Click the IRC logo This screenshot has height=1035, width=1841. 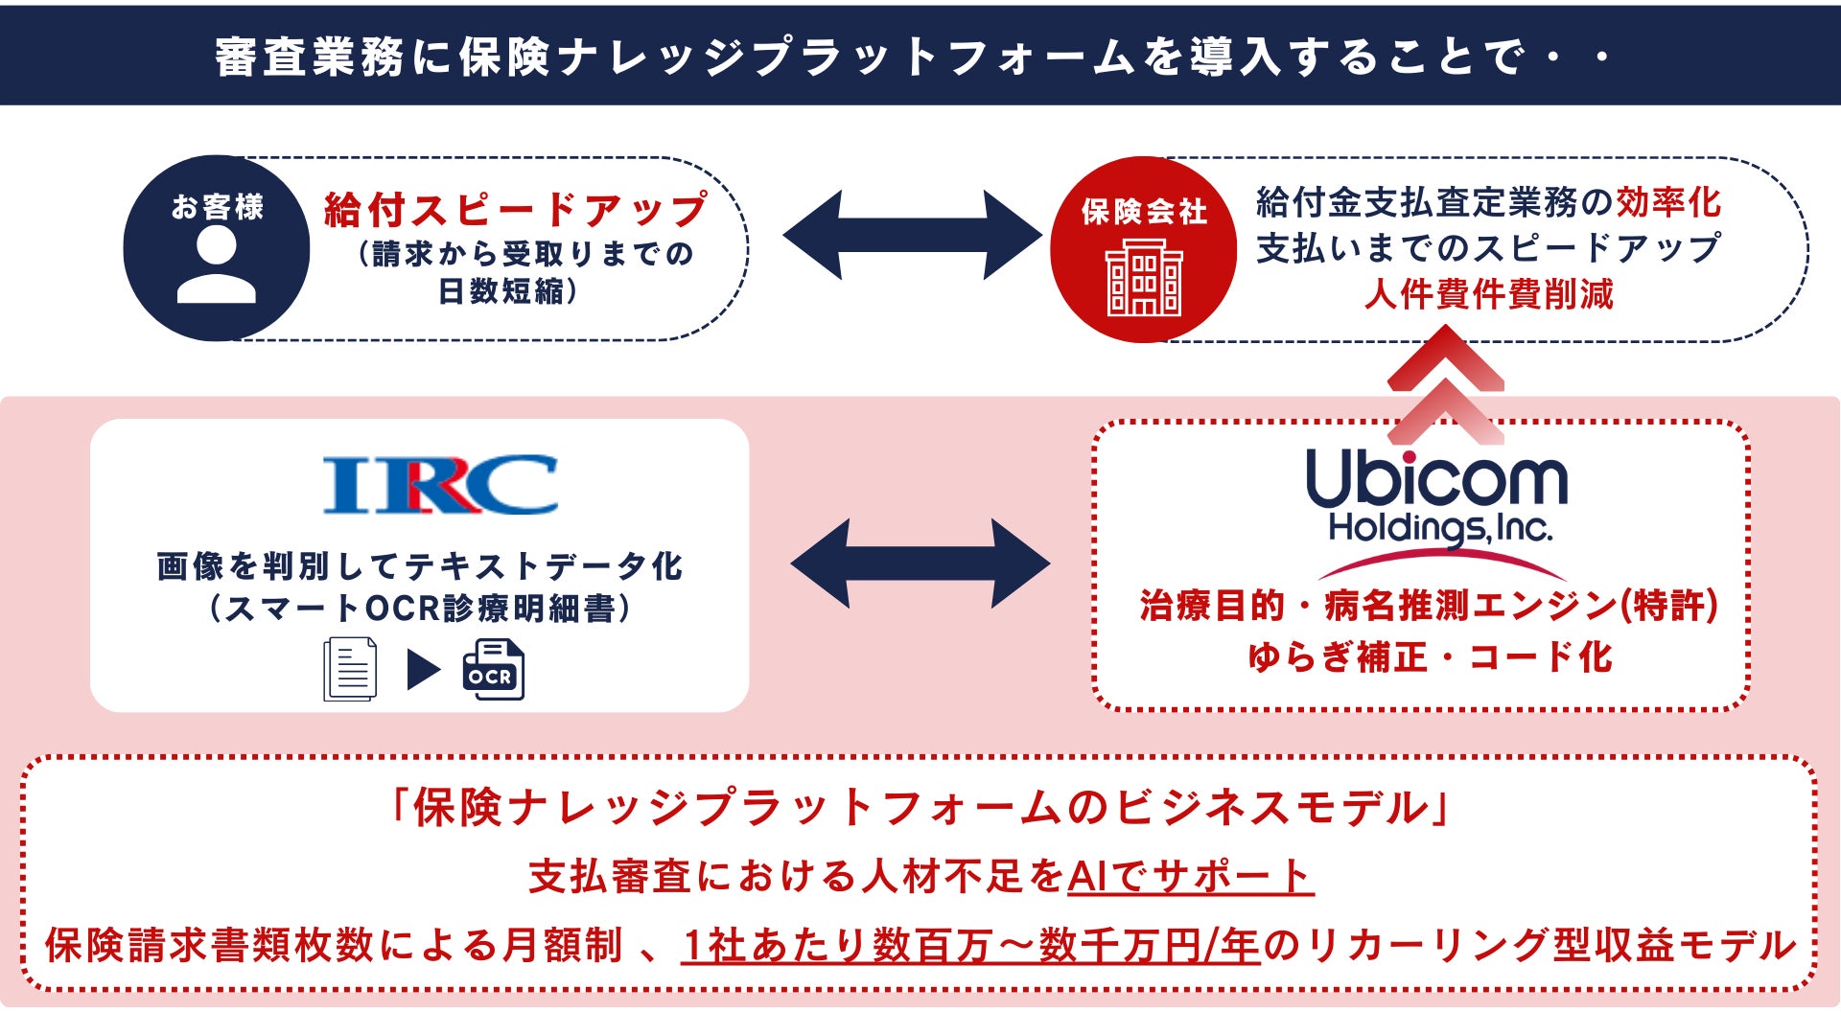tap(440, 485)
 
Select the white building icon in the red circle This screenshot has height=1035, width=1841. tap(1144, 277)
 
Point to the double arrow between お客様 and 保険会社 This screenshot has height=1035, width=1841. tap(912, 235)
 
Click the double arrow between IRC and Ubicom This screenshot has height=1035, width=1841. tap(920, 563)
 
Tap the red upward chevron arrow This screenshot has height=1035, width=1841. tap(1445, 383)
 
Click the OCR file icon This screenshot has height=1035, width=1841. tap(493, 669)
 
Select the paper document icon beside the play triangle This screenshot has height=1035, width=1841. tap(350, 669)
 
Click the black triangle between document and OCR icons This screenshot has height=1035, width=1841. tap(423, 669)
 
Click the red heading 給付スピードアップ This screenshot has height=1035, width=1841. tap(516, 210)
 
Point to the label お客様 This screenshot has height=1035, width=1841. tap(218, 206)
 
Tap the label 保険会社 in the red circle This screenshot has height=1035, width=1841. tap(1144, 212)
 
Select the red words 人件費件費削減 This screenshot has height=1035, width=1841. tap(1489, 293)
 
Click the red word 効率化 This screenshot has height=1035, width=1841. tap(1669, 202)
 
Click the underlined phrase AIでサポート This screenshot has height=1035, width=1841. tap(1190, 876)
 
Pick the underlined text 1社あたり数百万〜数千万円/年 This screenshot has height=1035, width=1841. tap(970, 945)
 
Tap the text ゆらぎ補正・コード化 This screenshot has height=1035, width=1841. tap(1430, 657)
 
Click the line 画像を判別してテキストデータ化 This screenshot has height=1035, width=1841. tap(420, 565)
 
